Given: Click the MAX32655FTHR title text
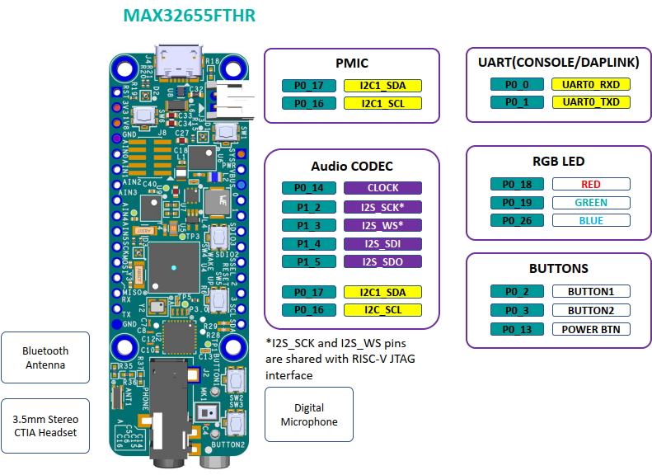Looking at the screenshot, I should coord(189,16).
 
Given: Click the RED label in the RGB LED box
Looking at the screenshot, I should coord(591,185).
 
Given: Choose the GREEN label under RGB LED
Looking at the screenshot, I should coord(591,203).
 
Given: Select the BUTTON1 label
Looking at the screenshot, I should coord(591,291).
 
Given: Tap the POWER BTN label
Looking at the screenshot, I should coord(591,329).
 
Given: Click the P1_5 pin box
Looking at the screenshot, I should coord(308,261).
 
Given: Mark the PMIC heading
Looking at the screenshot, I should coord(351,63).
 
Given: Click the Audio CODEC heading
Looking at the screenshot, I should coord(352,166).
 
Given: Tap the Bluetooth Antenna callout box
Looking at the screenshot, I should coord(45,358).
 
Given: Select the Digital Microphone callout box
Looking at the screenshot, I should coord(309,415).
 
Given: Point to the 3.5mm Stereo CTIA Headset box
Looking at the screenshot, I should coord(45,426).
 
